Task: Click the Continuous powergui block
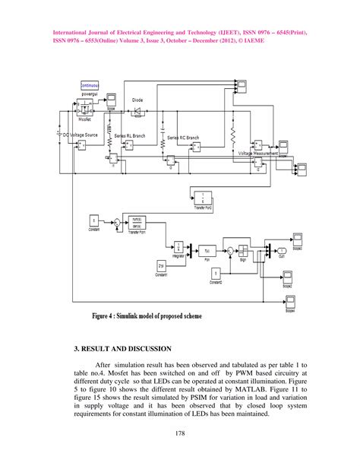pos(90,87)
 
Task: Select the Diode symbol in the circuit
pos(137,112)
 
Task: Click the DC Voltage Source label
pos(78,134)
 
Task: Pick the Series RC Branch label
pos(183,138)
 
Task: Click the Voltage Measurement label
pos(258,153)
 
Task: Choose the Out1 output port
pos(282,250)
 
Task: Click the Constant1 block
pos(162,265)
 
